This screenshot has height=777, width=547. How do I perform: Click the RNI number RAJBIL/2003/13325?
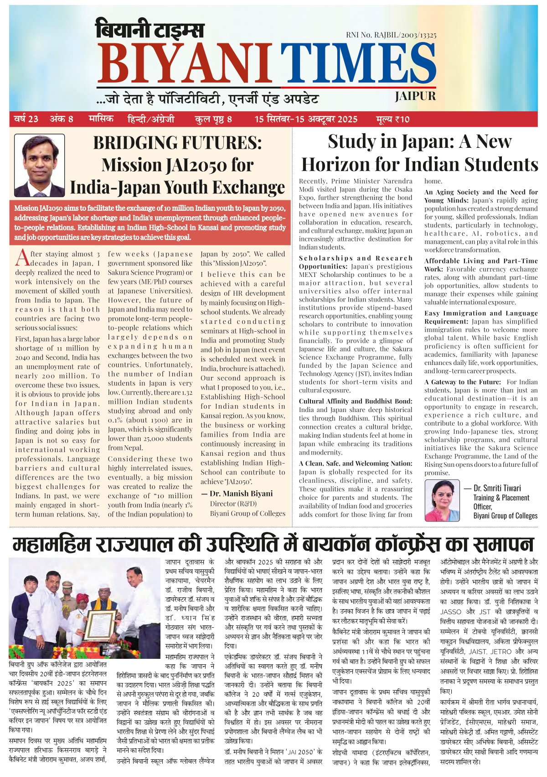pyautogui.click(x=391, y=35)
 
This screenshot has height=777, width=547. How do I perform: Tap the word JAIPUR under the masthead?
pyautogui.click(x=415, y=96)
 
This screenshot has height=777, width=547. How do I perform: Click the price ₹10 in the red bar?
pyautogui.click(x=393, y=120)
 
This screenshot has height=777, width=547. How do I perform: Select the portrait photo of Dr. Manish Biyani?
pyautogui.click(x=39, y=165)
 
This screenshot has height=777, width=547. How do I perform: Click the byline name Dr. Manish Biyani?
pyautogui.click(x=241, y=494)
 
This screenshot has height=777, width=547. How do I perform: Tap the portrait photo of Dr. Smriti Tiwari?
pyautogui.click(x=442, y=500)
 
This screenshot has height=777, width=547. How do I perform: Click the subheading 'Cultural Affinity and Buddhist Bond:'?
pyautogui.click(x=356, y=402)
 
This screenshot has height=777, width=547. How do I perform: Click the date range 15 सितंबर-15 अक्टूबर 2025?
pyautogui.click(x=306, y=120)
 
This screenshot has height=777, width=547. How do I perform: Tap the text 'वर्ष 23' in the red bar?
pyautogui.click(x=26, y=119)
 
